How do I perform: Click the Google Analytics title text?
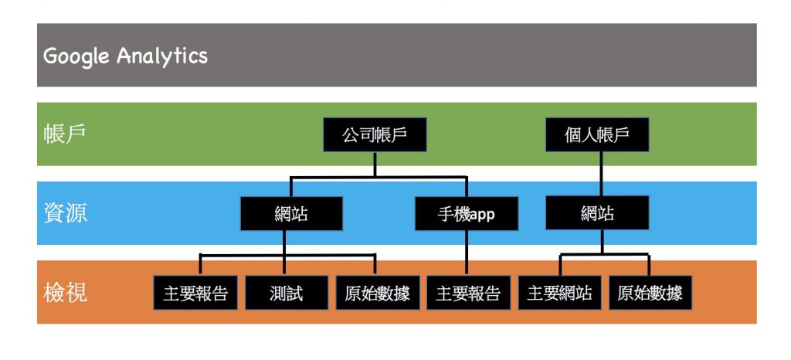click(x=125, y=56)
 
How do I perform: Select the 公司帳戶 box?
click(x=375, y=134)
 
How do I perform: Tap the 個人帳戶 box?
click(x=597, y=134)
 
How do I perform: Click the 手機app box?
click(x=466, y=214)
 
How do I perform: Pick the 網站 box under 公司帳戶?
click(x=291, y=214)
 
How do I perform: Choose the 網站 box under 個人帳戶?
click(x=597, y=212)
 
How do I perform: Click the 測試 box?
click(x=287, y=293)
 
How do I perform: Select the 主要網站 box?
click(x=560, y=293)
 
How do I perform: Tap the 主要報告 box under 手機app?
click(x=468, y=293)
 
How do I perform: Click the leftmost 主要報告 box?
click(x=195, y=293)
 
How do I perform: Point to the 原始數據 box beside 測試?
click(x=378, y=293)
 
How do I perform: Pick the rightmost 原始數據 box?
click(x=650, y=293)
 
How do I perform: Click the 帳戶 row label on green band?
click(x=65, y=134)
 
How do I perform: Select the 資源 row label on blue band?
click(x=65, y=213)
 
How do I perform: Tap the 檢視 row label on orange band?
click(x=65, y=293)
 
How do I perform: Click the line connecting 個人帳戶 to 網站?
click(x=600, y=174)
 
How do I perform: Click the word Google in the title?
click(x=76, y=56)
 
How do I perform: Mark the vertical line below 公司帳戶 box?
click(x=375, y=164)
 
